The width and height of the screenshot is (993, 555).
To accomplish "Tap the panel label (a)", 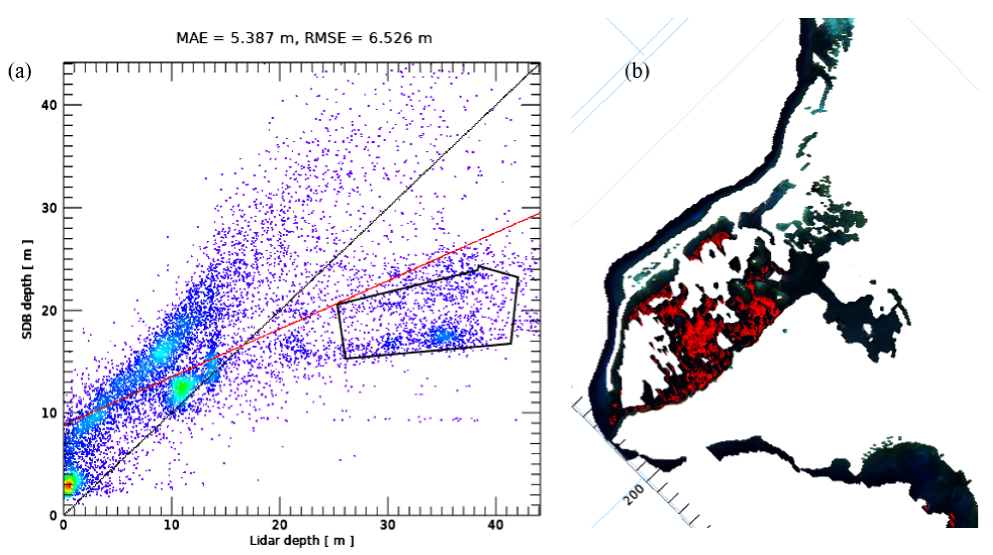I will (19, 72).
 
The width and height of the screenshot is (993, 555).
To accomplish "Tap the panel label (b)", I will (637, 72).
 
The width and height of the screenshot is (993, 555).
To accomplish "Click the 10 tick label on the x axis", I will (171, 525).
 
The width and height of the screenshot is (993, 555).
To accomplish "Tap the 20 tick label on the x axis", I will (279, 525).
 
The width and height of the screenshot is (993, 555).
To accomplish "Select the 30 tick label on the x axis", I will (387, 525).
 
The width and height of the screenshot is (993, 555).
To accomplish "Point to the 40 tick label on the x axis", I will (495, 525).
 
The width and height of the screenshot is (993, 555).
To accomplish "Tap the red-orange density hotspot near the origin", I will (68, 485).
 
